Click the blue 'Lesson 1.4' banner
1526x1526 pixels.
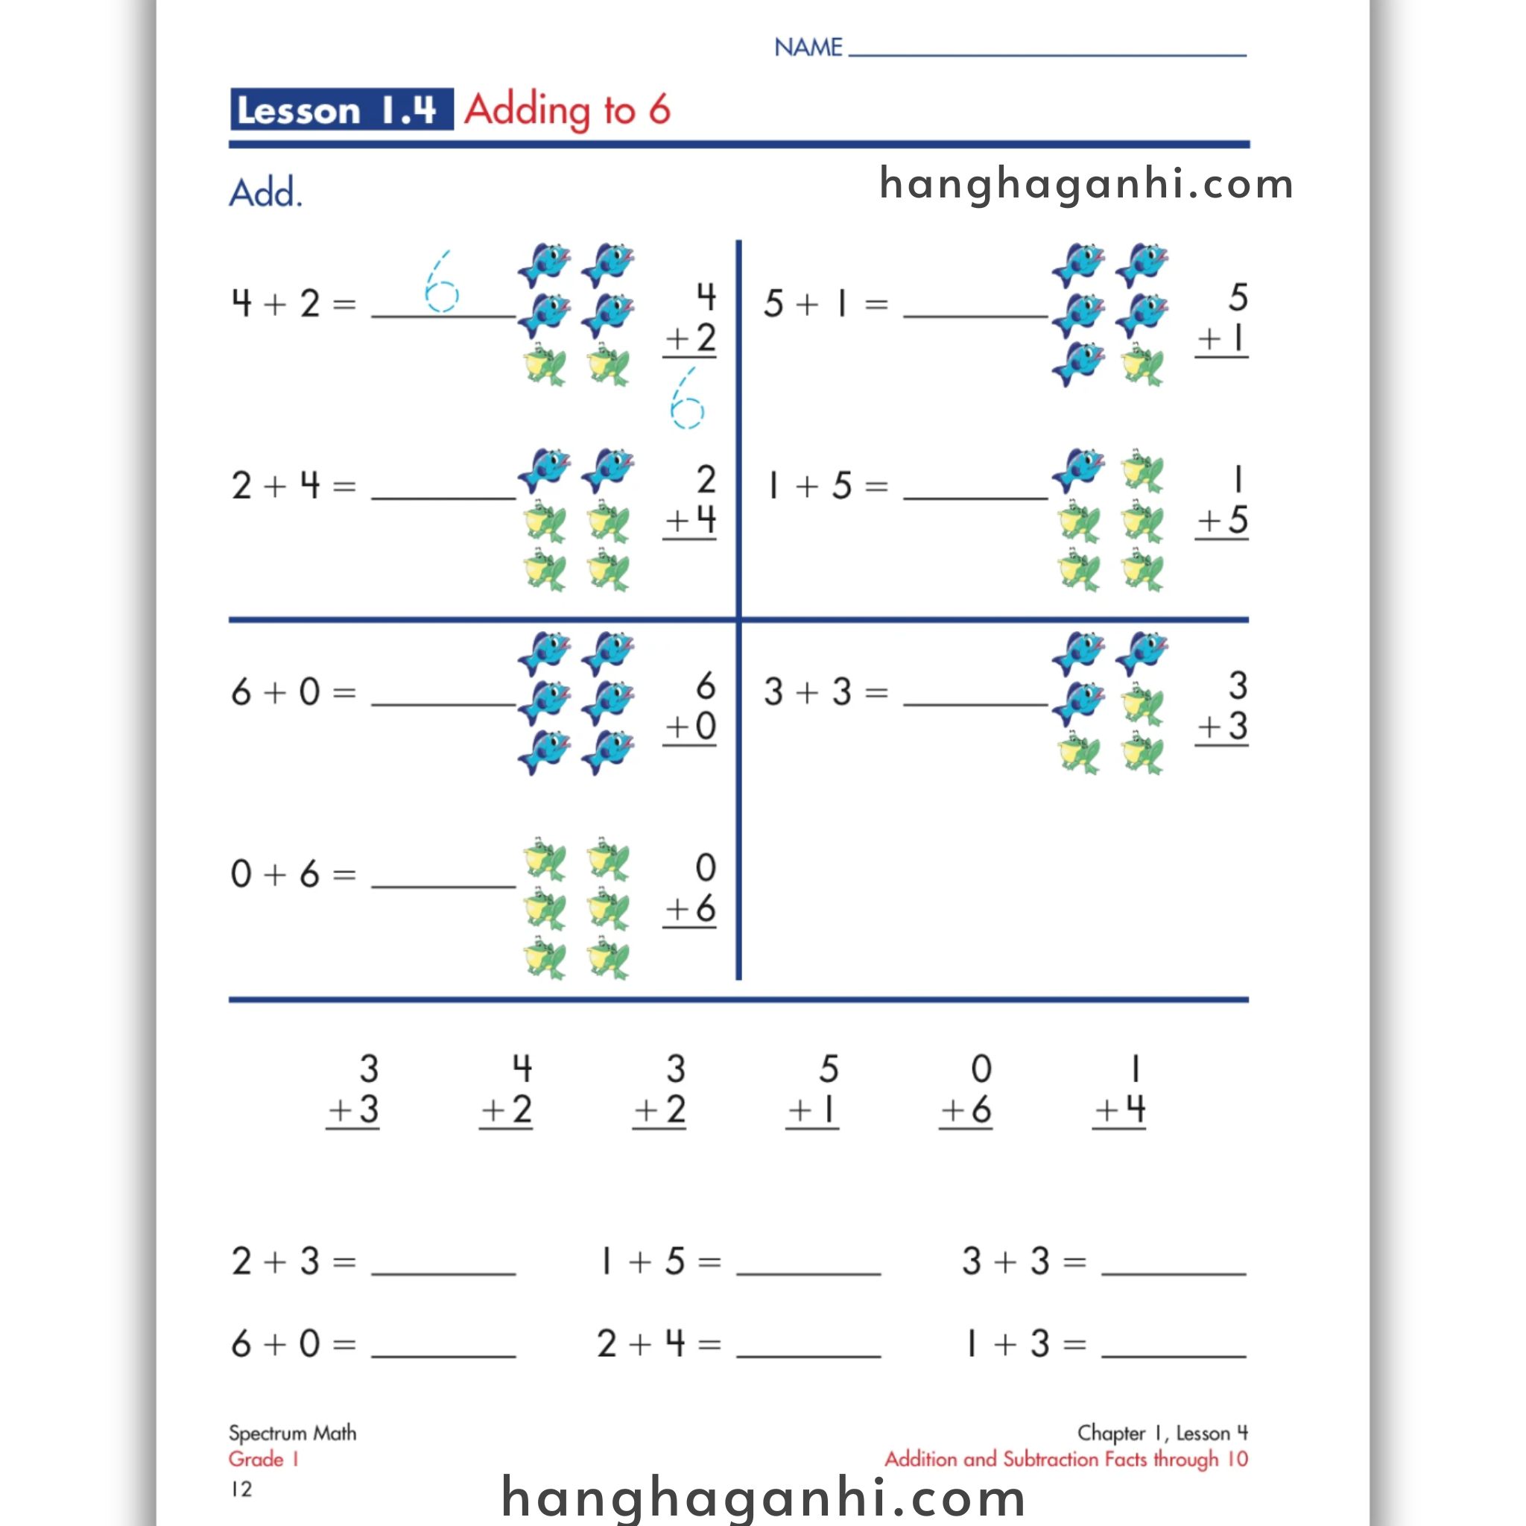click(341, 109)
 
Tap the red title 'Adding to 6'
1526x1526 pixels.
click(567, 109)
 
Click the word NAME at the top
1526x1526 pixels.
click(808, 48)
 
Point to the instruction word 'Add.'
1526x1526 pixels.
click(265, 193)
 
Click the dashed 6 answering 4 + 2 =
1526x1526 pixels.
click(441, 282)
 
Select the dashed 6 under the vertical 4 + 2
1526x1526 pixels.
click(686, 399)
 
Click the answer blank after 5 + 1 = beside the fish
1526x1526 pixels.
click(975, 308)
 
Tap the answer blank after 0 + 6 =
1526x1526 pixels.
click(443, 878)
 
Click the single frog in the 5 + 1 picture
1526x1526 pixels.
click(1142, 365)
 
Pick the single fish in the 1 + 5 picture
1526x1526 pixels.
click(1079, 470)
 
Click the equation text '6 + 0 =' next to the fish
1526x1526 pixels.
click(293, 693)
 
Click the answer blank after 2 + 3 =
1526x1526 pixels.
click(443, 1264)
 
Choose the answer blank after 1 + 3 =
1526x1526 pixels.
click(1174, 1346)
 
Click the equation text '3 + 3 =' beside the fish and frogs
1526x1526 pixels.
click(826, 693)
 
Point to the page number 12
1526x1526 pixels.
click(241, 1489)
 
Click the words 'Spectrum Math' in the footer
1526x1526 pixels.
click(292, 1433)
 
